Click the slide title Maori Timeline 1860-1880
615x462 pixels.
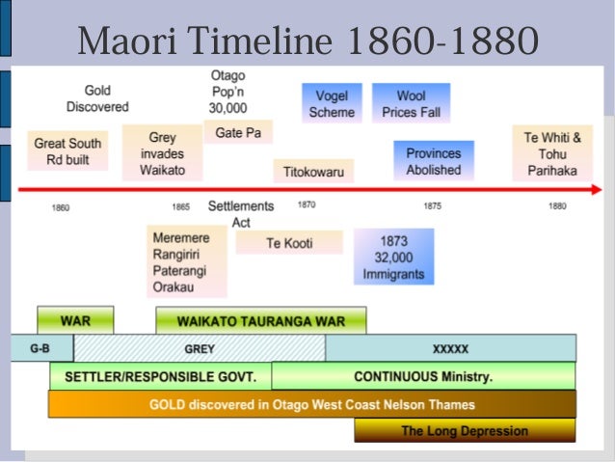click(307, 41)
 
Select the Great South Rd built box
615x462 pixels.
click(67, 152)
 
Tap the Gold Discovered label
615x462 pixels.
click(96, 98)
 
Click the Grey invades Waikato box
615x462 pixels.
click(162, 154)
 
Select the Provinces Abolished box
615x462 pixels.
click(433, 161)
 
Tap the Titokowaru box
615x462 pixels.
click(312, 173)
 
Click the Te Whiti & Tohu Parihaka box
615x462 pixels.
click(552, 153)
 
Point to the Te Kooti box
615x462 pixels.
click(290, 243)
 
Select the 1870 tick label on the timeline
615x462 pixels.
click(307, 205)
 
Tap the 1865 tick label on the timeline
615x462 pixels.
click(180, 206)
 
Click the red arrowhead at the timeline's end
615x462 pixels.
click(594, 190)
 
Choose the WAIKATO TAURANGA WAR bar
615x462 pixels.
click(261, 320)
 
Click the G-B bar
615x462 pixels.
click(40, 347)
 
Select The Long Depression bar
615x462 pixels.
click(464, 430)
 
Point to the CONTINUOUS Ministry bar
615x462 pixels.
click(423, 375)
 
